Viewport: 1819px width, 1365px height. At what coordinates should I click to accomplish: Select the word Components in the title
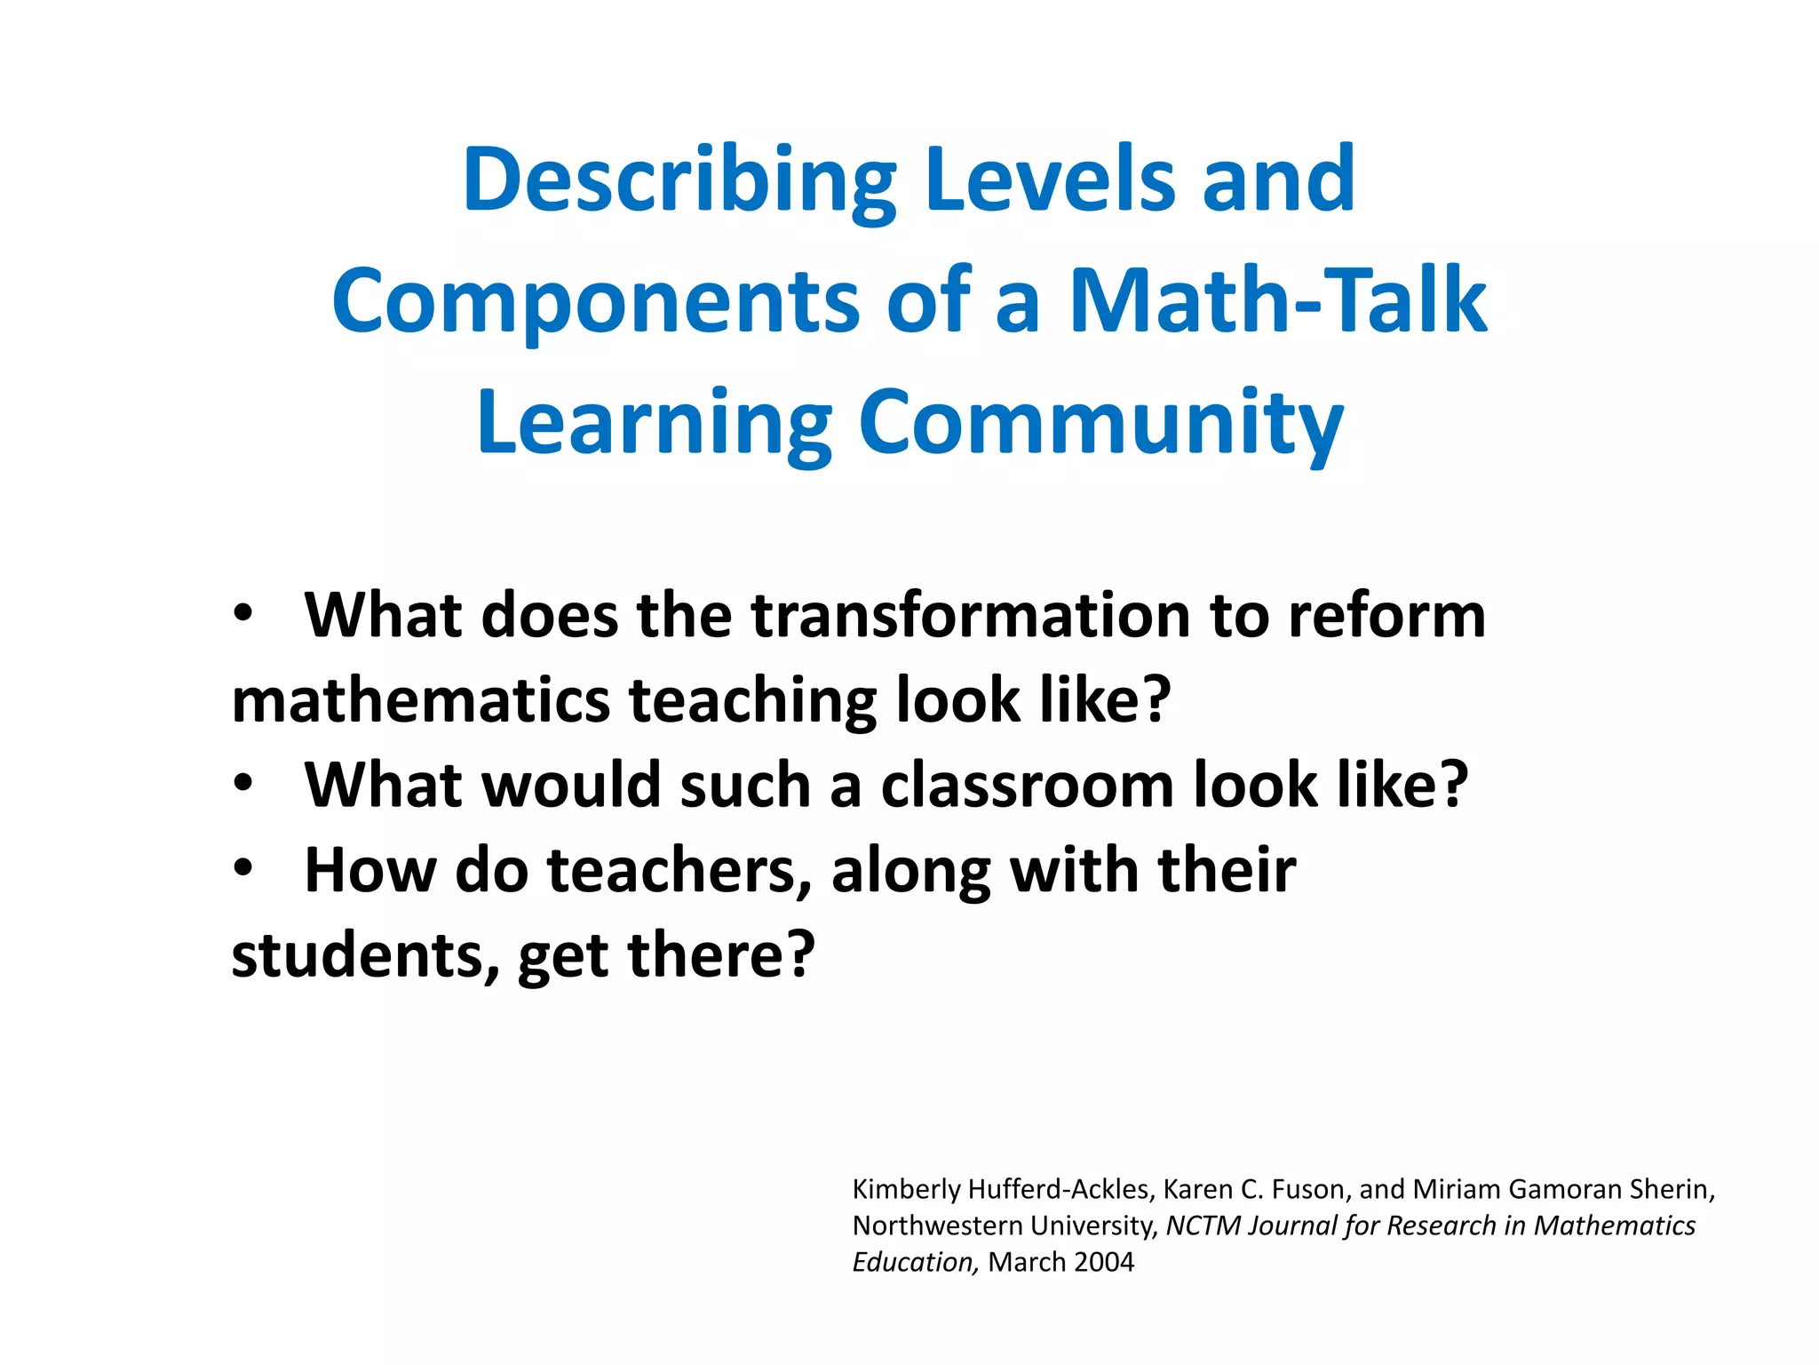pos(595,302)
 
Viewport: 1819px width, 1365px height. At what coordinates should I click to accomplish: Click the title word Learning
pos(655,425)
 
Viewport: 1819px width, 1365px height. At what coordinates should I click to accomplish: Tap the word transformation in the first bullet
pos(970,616)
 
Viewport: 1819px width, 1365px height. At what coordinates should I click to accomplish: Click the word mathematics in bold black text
pos(421,700)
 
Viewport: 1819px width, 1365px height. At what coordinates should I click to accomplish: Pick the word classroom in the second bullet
pos(1028,786)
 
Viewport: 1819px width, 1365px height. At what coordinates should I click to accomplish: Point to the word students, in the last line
pos(364,956)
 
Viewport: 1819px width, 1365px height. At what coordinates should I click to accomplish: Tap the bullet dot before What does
pos(243,613)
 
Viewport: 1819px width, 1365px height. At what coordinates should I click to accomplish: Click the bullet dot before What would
pos(243,784)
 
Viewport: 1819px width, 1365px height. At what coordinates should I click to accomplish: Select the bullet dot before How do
pos(243,868)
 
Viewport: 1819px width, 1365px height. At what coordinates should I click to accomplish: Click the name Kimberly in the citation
pos(906,1189)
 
